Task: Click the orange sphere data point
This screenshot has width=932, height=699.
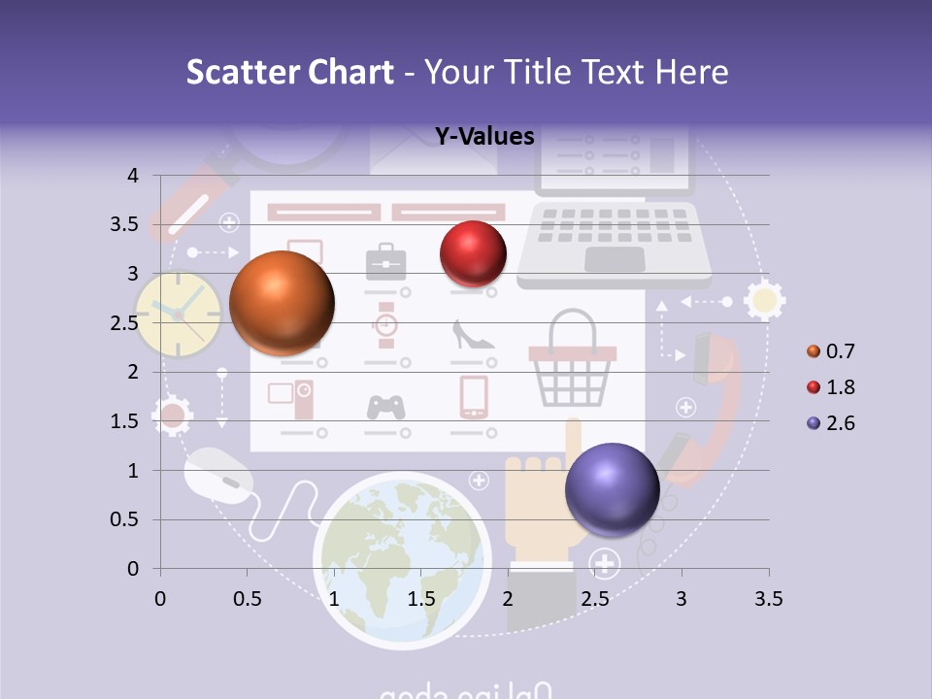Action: point(283,303)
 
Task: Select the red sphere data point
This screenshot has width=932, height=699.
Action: point(474,253)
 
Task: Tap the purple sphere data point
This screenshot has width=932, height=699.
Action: point(612,488)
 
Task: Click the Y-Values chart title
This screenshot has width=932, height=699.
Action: point(484,137)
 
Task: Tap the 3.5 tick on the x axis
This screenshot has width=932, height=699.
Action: point(768,599)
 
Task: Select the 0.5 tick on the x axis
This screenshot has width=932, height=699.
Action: point(248,599)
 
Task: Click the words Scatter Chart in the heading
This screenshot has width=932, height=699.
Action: point(290,72)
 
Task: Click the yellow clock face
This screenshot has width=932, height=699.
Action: point(178,313)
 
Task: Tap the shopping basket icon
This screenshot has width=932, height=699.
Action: point(573,364)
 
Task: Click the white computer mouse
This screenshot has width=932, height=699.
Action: point(218,475)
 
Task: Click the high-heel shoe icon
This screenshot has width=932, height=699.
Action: point(474,335)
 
